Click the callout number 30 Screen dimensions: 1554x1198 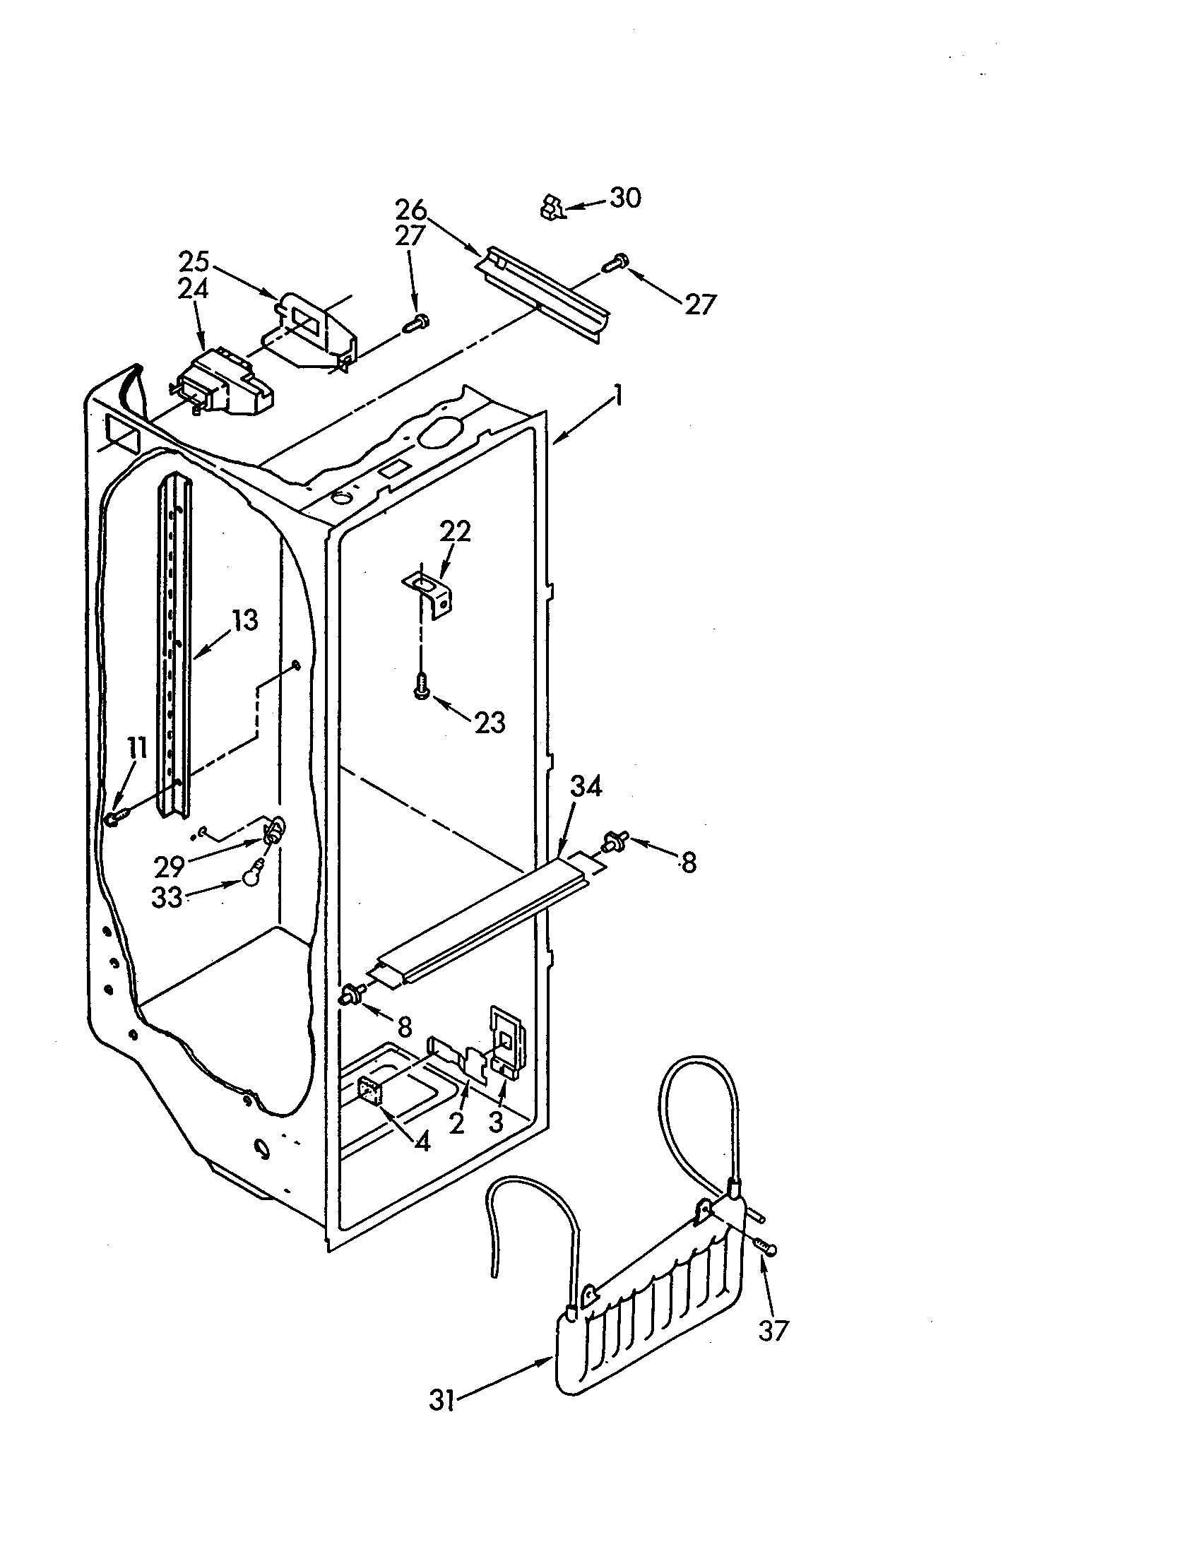click(x=624, y=197)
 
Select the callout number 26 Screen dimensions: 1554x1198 click(x=410, y=210)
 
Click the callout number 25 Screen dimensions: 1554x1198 click(x=194, y=262)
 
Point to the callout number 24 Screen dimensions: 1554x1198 click(x=194, y=289)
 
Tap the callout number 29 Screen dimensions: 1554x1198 click(x=170, y=867)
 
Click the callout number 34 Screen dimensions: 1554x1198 click(x=586, y=787)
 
